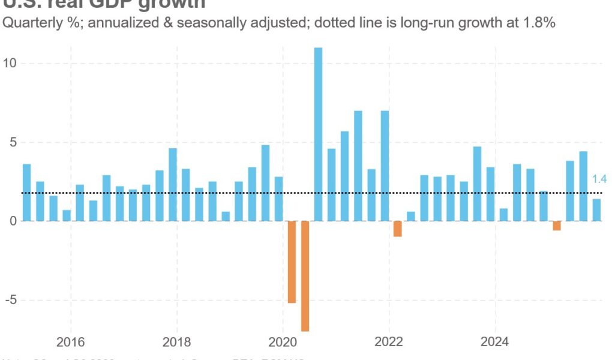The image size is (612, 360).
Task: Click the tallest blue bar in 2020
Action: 318,134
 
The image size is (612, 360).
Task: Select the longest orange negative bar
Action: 305,275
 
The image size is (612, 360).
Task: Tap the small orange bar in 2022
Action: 397,229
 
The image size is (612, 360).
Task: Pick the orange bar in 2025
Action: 557,226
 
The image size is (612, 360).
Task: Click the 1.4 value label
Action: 599,179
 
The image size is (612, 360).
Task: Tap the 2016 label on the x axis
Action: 71,343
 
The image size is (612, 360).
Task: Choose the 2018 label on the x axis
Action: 177,343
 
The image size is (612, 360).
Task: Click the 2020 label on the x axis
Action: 283,343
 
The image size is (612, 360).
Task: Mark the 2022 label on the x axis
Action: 389,343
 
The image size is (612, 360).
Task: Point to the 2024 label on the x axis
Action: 495,343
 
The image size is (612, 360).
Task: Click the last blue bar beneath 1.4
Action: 596,210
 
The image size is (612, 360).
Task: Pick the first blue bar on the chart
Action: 26,192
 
